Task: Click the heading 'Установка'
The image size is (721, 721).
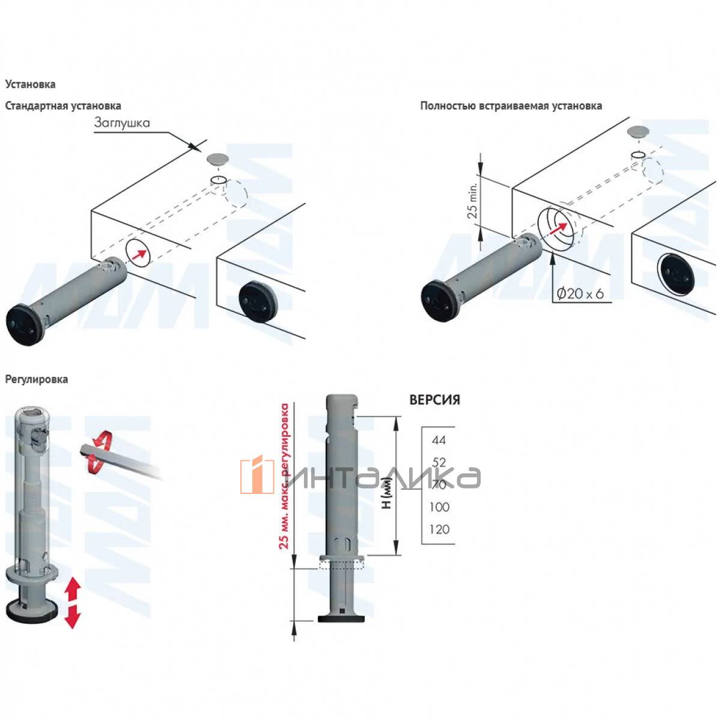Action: (x=30, y=84)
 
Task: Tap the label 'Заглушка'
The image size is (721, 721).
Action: (x=122, y=123)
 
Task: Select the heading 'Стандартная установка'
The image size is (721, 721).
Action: (x=63, y=106)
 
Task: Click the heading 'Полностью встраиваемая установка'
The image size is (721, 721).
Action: (x=511, y=106)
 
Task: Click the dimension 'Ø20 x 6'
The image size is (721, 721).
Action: (x=580, y=294)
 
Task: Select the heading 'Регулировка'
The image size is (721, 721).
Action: (x=37, y=379)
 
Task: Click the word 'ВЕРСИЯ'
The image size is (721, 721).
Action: (x=434, y=400)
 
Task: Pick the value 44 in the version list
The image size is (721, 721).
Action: (x=439, y=440)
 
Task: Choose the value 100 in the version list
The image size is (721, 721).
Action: (x=439, y=507)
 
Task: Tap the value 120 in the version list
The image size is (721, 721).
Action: (x=439, y=529)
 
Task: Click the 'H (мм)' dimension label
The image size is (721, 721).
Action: (x=387, y=496)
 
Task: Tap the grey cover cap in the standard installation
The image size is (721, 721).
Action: (x=217, y=159)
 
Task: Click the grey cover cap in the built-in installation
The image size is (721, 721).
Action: (x=637, y=132)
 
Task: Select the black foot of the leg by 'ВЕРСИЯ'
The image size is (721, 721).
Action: (x=342, y=618)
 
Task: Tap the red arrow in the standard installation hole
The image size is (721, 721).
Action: (x=139, y=255)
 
